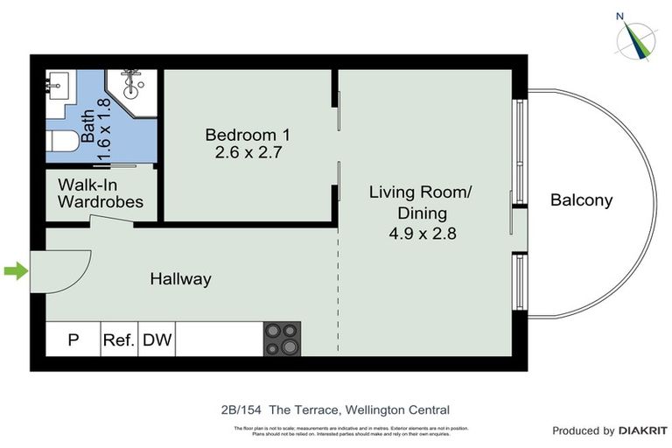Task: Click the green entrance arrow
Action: (16, 271)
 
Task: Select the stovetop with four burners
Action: (282, 339)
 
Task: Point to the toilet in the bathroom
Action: (62, 142)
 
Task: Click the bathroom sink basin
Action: (61, 87)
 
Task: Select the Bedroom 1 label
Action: (247, 135)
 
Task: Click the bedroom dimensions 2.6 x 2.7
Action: (247, 153)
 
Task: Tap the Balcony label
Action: (581, 200)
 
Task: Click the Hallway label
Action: (180, 279)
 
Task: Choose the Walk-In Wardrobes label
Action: (101, 193)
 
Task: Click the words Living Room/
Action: (420, 192)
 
